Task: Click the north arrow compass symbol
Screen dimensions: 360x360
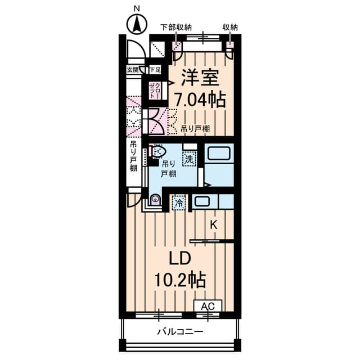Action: click(136, 24)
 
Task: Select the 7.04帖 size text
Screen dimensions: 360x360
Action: click(200, 100)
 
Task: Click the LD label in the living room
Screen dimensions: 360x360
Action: click(181, 258)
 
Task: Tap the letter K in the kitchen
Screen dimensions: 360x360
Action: click(214, 225)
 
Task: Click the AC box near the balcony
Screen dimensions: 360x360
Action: click(208, 306)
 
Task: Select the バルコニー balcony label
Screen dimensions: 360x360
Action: click(180, 331)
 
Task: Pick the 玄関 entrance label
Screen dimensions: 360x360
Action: click(133, 70)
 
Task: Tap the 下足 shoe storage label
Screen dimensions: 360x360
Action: click(155, 70)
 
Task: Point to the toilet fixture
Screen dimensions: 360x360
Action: click(159, 152)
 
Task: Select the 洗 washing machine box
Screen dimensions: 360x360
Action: click(190, 160)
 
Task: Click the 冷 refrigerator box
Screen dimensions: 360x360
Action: click(179, 202)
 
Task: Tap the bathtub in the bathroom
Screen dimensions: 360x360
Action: click(218, 154)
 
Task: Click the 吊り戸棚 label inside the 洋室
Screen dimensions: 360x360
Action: click(195, 129)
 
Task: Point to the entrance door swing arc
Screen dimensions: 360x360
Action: click(135, 52)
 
